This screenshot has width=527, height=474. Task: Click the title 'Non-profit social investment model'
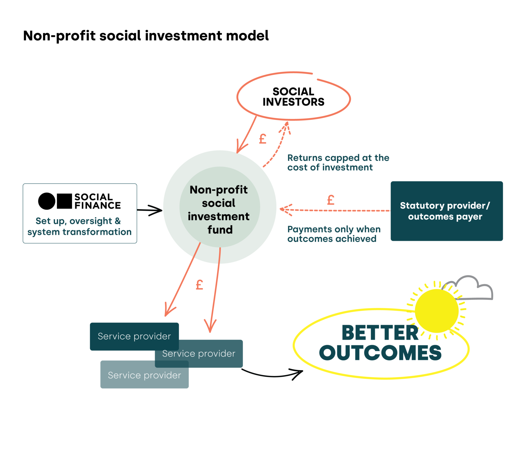[x=146, y=36]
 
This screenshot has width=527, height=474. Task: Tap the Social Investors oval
[x=293, y=97]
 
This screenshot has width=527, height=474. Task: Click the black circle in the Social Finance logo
[x=47, y=201]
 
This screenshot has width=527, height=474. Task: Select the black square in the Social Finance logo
[x=64, y=201]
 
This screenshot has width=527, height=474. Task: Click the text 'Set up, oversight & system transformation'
[x=79, y=226]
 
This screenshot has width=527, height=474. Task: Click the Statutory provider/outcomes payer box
[x=446, y=211]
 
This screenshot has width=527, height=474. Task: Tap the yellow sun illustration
[x=436, y=311]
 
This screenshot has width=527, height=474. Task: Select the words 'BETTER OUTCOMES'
[x=380, y=343]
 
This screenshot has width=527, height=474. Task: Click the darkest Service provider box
[x=134, y=336]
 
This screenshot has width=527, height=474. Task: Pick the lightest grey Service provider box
[x=144, y=375]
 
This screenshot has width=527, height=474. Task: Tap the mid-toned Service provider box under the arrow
[x=208, y=354]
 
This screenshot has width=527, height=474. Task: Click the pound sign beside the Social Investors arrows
[x=263, y=139]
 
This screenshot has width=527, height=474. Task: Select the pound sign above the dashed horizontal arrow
[x=331, y=200]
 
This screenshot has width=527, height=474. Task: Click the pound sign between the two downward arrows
[x=199, y=285]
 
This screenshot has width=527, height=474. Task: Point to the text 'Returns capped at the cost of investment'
[x=338, y=163]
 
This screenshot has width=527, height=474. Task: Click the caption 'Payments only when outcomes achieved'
[x=334, y=234]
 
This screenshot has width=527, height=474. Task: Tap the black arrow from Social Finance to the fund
[x=150, y=210]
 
